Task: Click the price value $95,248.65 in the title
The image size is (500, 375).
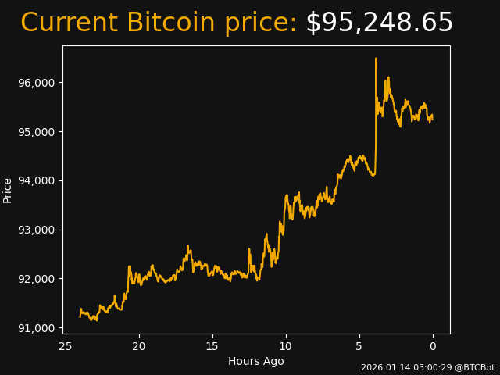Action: tap(379, 23)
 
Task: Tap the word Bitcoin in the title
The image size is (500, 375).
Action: tap(170, 23)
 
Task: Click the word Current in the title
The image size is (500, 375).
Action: tap(70, 23)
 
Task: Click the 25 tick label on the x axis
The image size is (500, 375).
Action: tap(66, 346)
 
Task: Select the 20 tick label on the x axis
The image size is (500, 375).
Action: tap(139, 346)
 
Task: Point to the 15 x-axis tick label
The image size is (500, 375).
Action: tap(212, 346)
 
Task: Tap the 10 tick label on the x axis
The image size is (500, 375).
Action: tap(286, 346)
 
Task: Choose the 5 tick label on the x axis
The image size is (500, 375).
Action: tap(359, 346)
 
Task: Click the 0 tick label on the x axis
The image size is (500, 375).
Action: tap(433, 346)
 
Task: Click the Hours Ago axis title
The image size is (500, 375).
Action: tap(256, 361)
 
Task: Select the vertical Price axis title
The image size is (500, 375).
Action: tap(8, 190)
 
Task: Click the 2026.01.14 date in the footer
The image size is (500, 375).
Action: tap(384, 367)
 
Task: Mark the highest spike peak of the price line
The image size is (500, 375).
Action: tap(376, 59)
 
